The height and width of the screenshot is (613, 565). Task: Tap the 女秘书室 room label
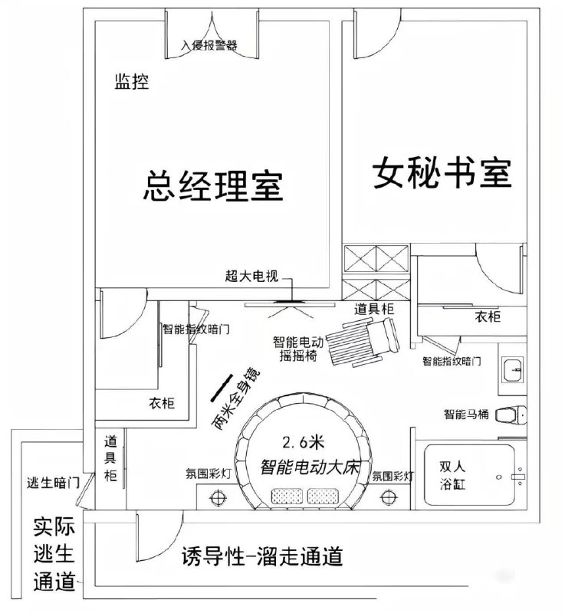442,174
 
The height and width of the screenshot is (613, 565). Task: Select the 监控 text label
131,84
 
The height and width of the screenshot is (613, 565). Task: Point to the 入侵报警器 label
208,44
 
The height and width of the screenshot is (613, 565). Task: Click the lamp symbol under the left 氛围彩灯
218,497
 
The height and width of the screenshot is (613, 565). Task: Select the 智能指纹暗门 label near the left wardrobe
196,329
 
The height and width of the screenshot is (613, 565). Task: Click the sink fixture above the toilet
514,370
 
